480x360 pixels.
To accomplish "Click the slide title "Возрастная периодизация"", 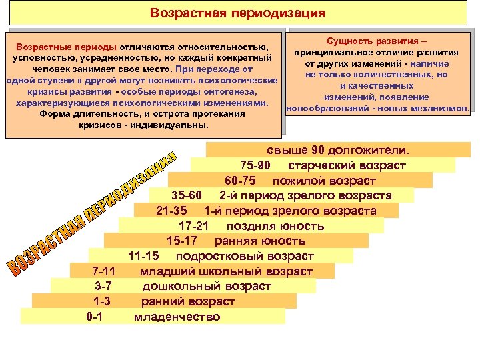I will pyautogui.click(x=237, y=13).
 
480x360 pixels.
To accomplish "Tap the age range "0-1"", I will pyautogui.click(x=95, y=317).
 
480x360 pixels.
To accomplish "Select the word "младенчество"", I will pyautogui.click(x=177, y=317).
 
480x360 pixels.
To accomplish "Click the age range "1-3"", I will pyautogui.click(x=102, y=301).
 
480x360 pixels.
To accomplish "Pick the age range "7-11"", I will pyautogui.click(x=103, y=271).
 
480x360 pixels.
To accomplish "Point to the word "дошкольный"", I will pyautogui.click(x=175, y=287).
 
